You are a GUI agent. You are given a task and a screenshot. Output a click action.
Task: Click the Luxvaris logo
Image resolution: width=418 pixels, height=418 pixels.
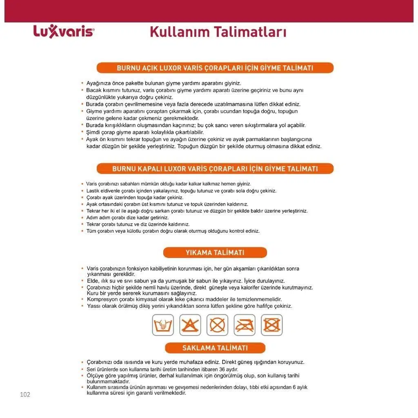tap(63, 31)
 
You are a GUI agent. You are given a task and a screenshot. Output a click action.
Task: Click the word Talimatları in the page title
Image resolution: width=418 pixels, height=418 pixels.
tap(253, 32)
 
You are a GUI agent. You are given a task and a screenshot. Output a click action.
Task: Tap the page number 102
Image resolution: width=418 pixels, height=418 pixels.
tap(25, 394)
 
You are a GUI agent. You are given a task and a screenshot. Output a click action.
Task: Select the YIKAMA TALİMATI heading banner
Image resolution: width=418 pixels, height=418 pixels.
tap(215, 253)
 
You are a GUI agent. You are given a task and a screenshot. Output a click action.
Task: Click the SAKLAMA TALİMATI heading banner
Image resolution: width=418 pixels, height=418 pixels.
tap(215, 348)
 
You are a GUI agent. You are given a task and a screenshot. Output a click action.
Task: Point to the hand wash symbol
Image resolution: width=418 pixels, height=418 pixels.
tap(162, 325)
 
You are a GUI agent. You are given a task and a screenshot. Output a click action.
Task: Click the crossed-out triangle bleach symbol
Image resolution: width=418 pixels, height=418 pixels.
tap(190, 325)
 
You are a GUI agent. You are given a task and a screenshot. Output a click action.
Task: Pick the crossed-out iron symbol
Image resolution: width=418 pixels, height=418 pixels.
tap(244, 325)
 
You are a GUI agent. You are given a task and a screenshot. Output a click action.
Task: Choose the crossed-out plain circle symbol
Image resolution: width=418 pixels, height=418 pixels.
tap(217, 325)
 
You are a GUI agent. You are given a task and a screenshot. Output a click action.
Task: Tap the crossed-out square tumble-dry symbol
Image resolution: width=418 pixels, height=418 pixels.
tap(271, 325)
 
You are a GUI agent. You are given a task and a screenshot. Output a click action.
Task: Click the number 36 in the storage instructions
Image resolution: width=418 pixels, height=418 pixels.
tap(224, 369)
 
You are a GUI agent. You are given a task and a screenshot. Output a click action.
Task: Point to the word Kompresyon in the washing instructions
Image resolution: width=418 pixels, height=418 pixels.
tap(100, 299)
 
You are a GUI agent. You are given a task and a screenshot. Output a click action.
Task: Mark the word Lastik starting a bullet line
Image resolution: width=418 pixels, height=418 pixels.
tap(93, 191)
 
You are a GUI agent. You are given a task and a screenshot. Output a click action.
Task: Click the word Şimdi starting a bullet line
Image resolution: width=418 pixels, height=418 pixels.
tap(93, 132)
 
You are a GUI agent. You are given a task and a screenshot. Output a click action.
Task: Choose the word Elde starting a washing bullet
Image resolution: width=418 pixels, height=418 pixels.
tap(93, 281)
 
